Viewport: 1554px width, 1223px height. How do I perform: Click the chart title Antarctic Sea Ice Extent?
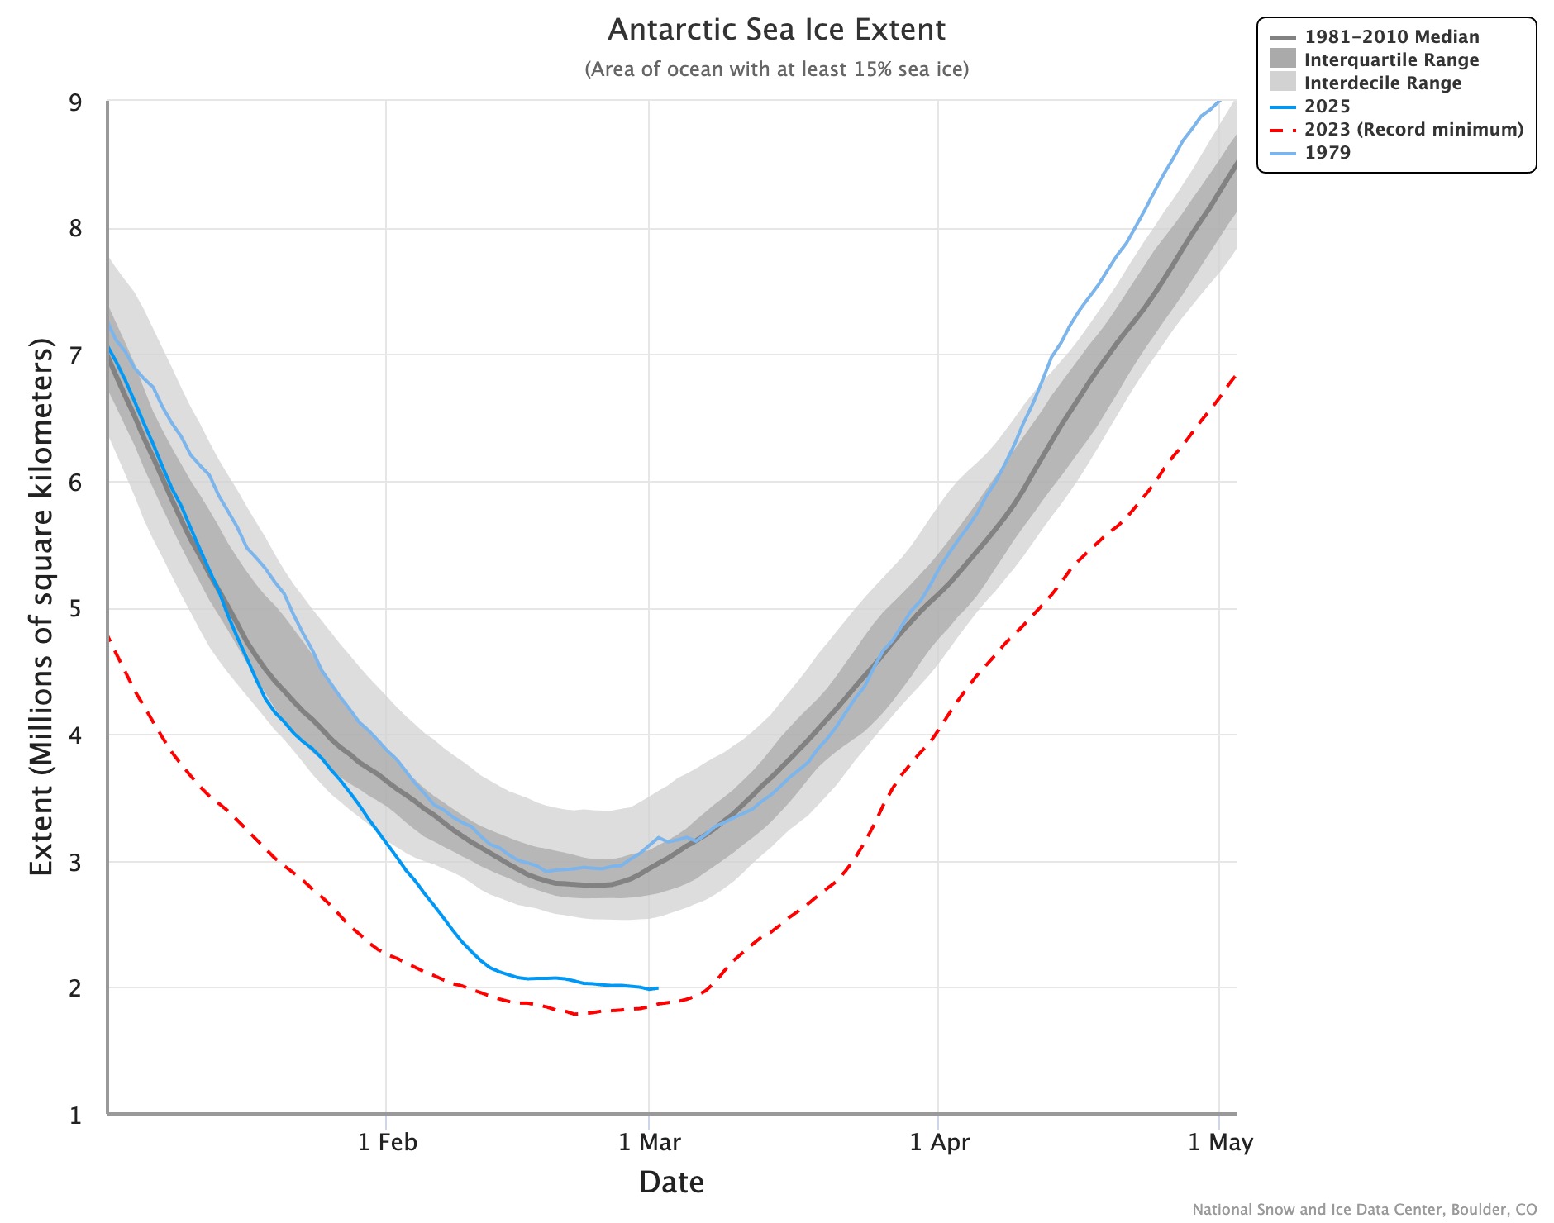click(776, 30)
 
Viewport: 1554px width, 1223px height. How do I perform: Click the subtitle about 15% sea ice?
click(776, 69)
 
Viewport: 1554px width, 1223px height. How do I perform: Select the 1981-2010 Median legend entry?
click(1391, 37)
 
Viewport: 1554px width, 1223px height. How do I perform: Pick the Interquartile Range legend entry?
click(1391, 60)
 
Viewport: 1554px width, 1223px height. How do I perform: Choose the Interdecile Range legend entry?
click(1382, 83)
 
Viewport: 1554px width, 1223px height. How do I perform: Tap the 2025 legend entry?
click(1327, 107)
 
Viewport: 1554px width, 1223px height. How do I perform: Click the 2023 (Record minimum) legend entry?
click(1413, 130)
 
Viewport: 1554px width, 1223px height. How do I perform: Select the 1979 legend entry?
click(1327, 153)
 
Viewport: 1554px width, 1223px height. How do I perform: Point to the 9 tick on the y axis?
click(76, 102)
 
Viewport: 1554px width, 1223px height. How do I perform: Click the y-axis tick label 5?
click(76, 610)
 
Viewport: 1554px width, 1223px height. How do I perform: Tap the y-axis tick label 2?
click(76, 988)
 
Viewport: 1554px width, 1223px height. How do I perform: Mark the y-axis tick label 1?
click(76, 1116)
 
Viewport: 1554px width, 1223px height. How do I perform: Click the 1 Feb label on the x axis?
click(387, 1143)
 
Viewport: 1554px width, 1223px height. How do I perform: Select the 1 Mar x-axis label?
click(650, 1143)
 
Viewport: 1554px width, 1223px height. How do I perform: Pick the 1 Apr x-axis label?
click(939, 1143)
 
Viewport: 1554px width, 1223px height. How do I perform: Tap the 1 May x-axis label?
click(1220, 1143)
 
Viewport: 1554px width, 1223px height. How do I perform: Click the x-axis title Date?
click(671, 1183)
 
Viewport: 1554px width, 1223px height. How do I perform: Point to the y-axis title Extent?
click(41, 607)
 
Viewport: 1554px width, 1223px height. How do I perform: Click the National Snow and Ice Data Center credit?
click(1364, 1210)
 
